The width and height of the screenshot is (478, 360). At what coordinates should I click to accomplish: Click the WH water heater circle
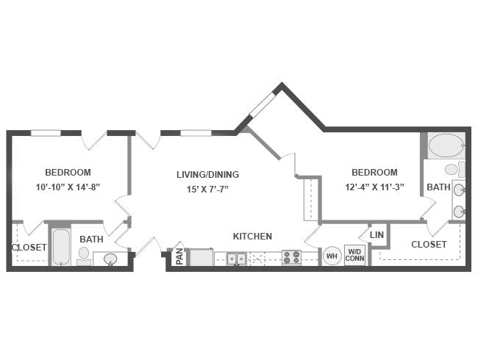[332, 256]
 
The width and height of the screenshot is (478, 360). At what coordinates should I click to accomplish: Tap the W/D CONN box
[354, 255]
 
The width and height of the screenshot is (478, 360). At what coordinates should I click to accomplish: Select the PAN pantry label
[179, 256]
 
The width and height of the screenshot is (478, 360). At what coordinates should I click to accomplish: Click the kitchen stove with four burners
[291, 257]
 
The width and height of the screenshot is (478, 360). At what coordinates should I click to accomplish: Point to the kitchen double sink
[236, 259]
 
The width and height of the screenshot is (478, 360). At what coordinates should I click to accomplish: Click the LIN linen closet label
[377, 235]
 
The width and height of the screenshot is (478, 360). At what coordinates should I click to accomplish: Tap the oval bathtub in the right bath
[446, 145]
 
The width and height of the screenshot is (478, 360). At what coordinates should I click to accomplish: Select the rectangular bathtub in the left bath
[61, 247]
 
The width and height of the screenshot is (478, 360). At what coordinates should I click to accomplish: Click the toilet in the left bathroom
[84, 256]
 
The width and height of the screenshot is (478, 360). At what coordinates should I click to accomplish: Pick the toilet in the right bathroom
[454, 169]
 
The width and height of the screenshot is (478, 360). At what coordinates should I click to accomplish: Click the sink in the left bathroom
[110, 259]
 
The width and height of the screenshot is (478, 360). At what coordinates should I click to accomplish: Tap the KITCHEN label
[252, 237]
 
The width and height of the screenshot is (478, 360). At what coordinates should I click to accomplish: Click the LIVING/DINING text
[208, 175]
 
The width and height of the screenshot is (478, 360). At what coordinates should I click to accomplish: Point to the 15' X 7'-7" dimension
[208, 190]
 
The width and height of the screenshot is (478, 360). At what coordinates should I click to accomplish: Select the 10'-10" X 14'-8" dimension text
[68, 187]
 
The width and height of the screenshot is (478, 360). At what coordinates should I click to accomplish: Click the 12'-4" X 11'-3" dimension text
[374, 187]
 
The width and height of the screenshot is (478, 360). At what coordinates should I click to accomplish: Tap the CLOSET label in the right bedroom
[429, 244]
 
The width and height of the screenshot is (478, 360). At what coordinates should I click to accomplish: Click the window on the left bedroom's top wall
[46, 133]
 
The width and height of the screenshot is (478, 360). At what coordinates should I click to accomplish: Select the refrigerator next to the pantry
[201, 257]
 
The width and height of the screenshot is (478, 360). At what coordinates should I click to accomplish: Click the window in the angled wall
[263, 104]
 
